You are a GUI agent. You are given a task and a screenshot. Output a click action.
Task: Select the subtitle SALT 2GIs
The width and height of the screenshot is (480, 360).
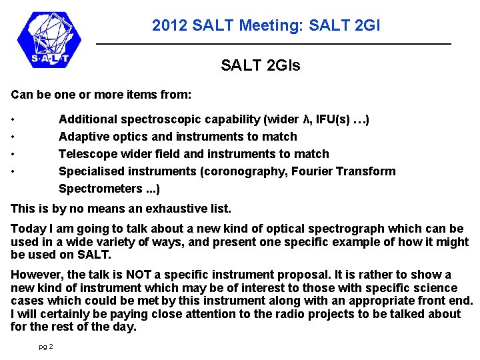(261, 65)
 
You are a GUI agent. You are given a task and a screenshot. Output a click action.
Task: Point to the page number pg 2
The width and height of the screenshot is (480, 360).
(46, 347)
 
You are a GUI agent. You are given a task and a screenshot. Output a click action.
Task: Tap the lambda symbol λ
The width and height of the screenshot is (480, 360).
(307, 119)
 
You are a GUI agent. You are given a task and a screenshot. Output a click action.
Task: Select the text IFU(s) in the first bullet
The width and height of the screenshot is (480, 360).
(333, 119)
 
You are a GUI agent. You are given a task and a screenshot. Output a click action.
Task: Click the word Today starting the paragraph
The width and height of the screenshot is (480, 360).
(27, 229)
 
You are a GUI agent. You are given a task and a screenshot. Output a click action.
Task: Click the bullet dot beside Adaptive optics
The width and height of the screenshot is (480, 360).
(13, 137)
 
